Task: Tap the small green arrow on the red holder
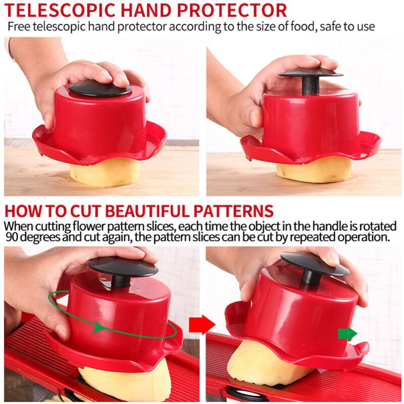347,334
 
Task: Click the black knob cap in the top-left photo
100,88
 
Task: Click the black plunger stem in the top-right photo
310,85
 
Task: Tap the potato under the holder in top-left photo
104,174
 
